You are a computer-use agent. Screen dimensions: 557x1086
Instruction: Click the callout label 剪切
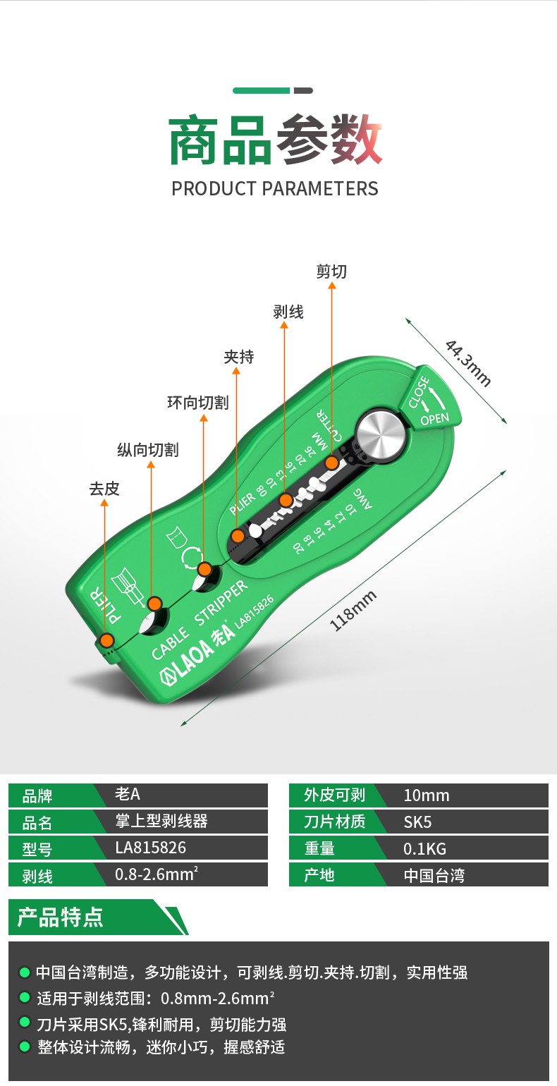[x=331, y=271]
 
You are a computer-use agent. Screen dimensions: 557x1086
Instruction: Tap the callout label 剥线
[x=288, y=312]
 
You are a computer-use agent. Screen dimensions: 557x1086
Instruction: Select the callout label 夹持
[x=239, y=357]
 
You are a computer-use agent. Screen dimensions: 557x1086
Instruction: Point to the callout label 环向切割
[x=197, y=403]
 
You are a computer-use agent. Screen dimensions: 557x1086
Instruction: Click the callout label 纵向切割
[x=147, y=450]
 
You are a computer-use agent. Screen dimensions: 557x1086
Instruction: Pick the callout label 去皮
[x=104, y=488]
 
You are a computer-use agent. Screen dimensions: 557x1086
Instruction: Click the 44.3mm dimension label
[x=468, y=362]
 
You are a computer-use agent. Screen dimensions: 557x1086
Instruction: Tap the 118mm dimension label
[x=353, y=611]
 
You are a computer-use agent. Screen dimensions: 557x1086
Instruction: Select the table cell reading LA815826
[x=151, y=848]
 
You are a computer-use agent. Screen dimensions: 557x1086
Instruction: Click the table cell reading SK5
[x=417, y=822]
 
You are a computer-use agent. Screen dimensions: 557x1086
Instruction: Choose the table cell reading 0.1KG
[x=425, y=848]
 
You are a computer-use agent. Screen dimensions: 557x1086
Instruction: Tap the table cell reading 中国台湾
[x=434, y=875]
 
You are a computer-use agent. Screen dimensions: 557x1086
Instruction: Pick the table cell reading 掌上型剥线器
[x=161, y=822]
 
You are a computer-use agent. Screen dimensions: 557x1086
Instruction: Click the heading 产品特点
[x=61, y=917]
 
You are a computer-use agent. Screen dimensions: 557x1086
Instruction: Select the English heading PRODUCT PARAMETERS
[x=275, y=189]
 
